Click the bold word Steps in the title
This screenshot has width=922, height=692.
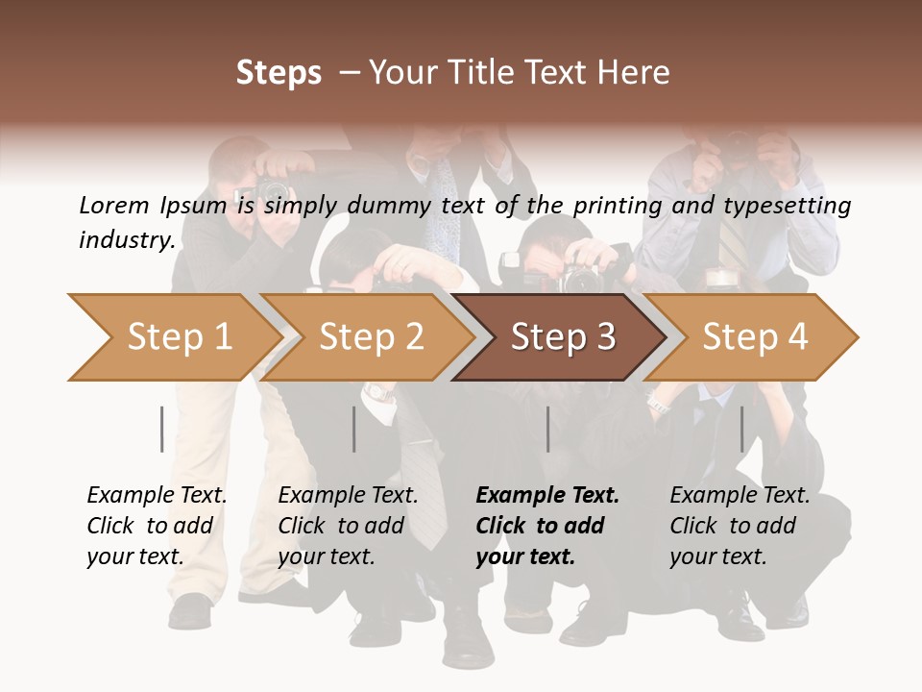pos(279,73)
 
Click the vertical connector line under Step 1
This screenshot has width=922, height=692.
pos(161,429)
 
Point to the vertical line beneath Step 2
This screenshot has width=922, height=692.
pos(354,429)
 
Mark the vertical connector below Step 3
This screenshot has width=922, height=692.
pos(547,429)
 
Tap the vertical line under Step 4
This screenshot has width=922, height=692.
pos(741,429)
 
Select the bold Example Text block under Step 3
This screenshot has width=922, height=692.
pos(547,526)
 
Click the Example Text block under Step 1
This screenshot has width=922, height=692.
pos(157,526)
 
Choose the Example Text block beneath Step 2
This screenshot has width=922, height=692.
pos(348,526)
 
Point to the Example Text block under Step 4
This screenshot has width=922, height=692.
pos(740,526)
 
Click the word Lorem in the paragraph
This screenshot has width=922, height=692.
pos(114,205)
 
